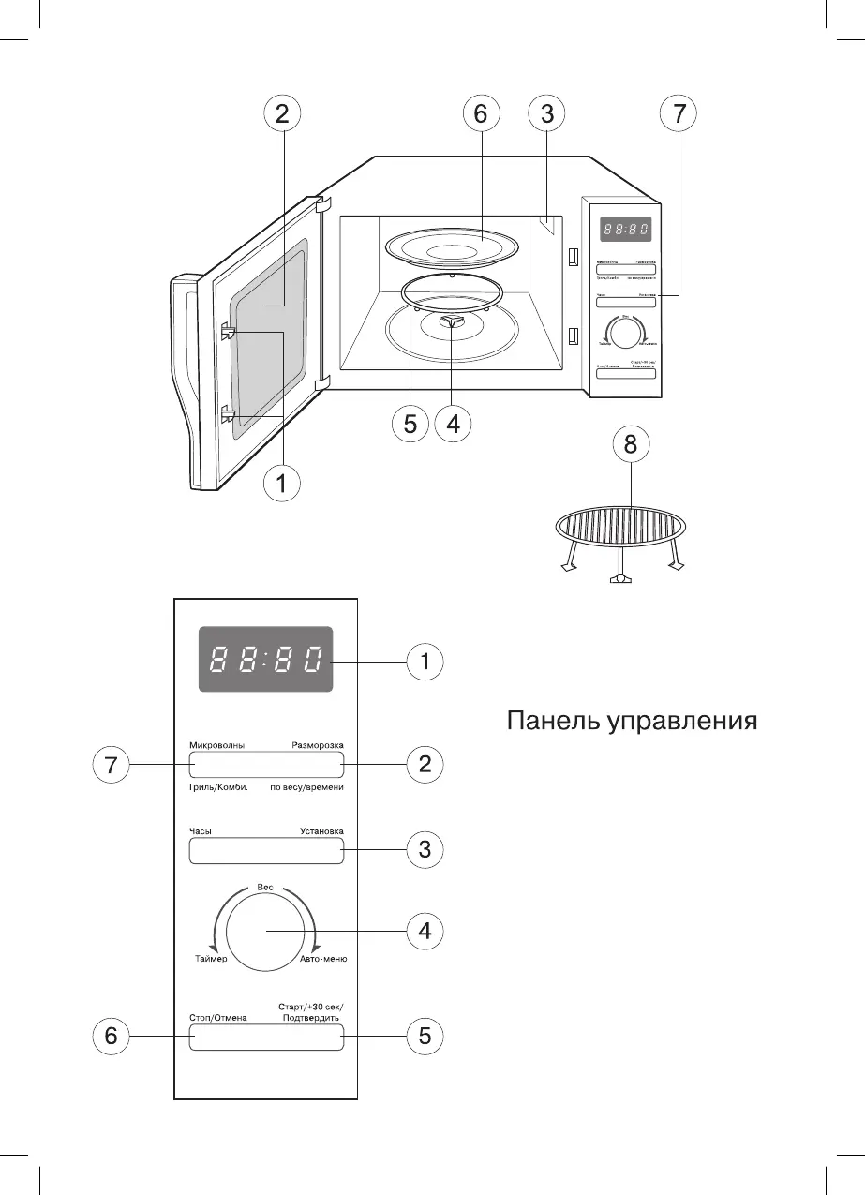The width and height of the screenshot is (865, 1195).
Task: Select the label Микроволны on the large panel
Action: (216, 745)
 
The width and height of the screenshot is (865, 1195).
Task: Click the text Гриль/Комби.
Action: (217, 787)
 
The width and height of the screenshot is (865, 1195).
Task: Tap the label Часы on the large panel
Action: (201, 830)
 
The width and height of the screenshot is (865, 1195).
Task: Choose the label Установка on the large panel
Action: (321, 830)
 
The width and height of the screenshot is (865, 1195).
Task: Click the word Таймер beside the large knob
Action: (211, 960)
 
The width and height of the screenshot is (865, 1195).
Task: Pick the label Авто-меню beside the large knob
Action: (323, 960)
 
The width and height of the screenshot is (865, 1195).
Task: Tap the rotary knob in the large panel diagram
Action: (266, 931)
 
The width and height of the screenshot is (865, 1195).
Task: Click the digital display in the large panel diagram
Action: (265, 660)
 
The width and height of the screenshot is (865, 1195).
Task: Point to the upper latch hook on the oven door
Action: (228, 331)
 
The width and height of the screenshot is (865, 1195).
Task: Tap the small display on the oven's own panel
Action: (626, 231)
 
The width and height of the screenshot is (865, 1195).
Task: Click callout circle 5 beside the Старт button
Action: (425, 1037)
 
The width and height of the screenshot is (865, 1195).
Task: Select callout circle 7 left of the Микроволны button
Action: (112, 766)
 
